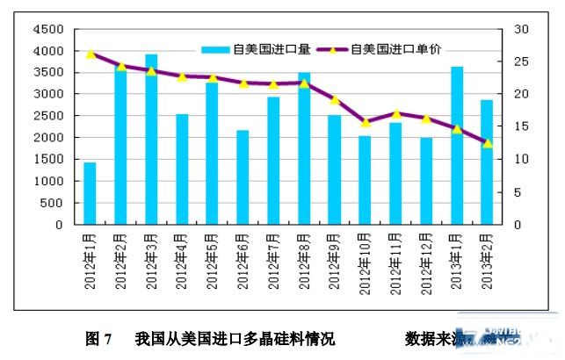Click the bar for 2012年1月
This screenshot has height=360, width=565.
tap(90, 193)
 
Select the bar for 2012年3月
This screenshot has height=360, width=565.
tap(151, 140)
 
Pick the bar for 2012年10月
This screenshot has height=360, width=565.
tap(365, 180)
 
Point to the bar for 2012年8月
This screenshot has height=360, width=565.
tap(304, 149)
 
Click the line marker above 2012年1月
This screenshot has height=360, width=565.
tap(91, 54)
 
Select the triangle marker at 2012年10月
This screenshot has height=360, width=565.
tap(365, 122)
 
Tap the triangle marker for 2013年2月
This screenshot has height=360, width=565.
tap(487, 143)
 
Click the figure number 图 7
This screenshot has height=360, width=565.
tap(97, 338)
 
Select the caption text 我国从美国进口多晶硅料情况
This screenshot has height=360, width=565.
tap(235, 338)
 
